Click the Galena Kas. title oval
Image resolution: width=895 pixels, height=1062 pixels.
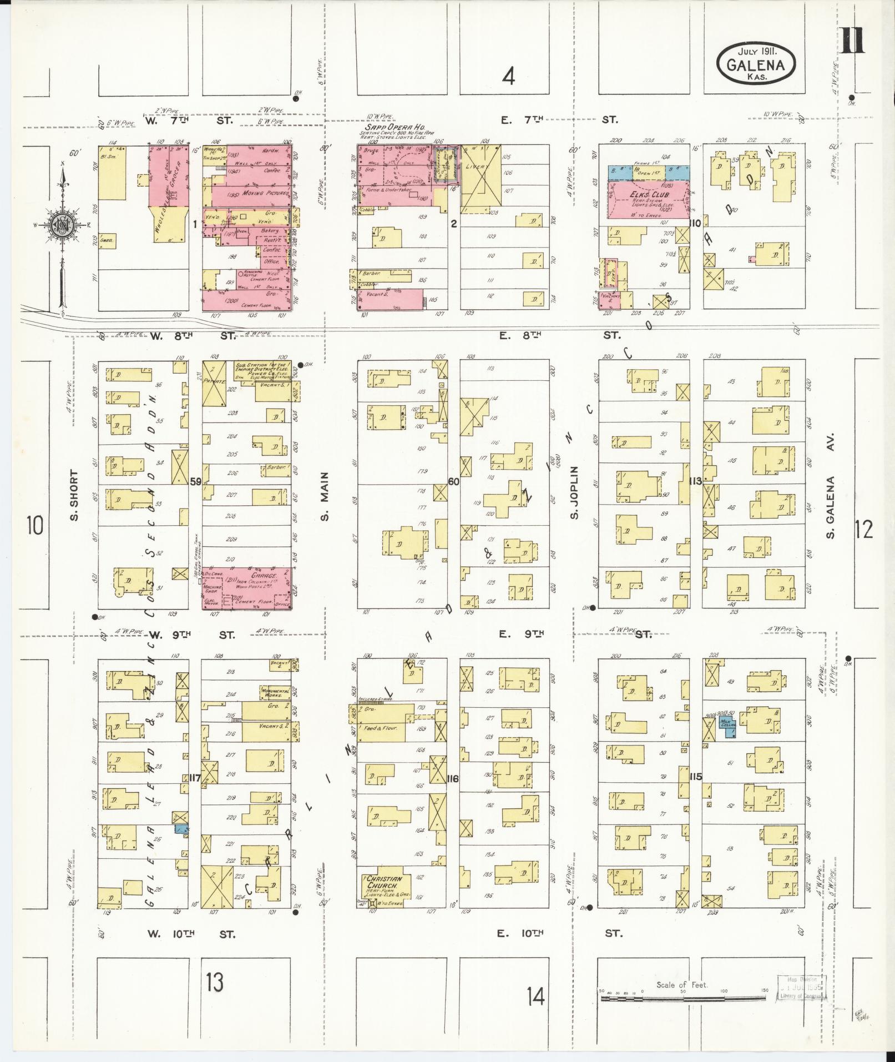click(756, 63)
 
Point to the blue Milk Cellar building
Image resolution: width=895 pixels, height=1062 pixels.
click(728, 725)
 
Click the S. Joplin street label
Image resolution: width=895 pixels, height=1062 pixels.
click(575, 492)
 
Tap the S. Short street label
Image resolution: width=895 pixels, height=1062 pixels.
click(74, 495)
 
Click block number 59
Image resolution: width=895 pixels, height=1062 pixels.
click(195, 481)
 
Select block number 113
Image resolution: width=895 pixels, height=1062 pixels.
click(695, 481)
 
